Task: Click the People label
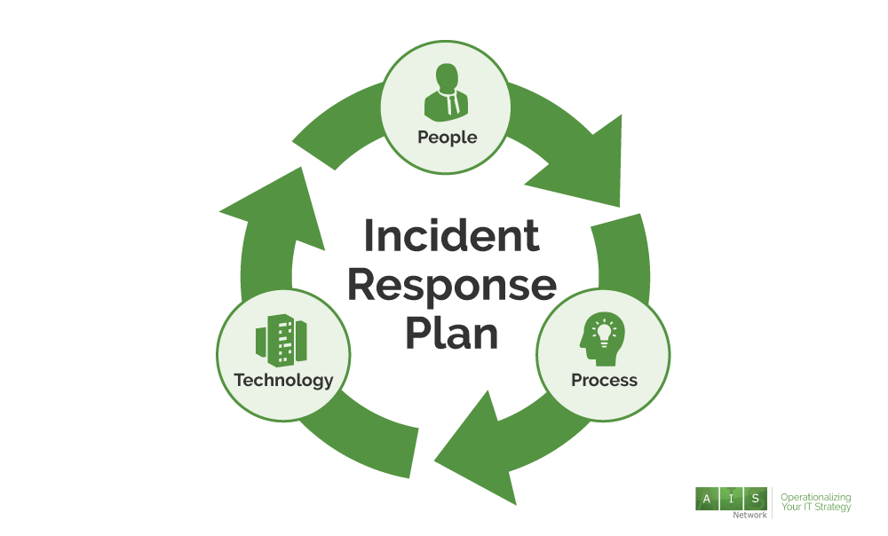tap(447, 138)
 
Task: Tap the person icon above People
tap(446, 91)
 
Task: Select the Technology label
tap(283, 381)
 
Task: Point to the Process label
tap(604, 381)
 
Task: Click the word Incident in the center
tap(451, 237)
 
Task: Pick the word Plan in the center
tap(451, 334)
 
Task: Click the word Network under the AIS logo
tap(749, 515)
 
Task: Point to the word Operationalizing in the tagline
tap(815, 498)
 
